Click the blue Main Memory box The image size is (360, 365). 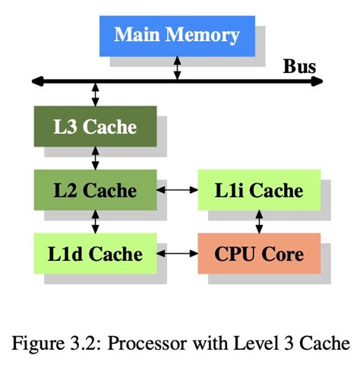177,36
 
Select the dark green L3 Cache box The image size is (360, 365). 96,126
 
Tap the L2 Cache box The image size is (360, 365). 96,190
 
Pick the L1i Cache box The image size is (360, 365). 259,190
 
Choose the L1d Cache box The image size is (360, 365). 96,253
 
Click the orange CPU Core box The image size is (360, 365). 259,253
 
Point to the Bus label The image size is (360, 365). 299,66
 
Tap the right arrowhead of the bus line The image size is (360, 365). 317,81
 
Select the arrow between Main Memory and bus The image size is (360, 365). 177,68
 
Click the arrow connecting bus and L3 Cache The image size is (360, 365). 95,94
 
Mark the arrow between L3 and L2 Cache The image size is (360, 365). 95,158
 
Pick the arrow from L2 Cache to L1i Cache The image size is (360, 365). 177,190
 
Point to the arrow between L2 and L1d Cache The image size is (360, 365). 95,222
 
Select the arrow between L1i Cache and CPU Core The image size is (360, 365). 259,222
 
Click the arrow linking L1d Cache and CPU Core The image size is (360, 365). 177,253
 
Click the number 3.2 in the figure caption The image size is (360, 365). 85,344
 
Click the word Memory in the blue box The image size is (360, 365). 203,36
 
